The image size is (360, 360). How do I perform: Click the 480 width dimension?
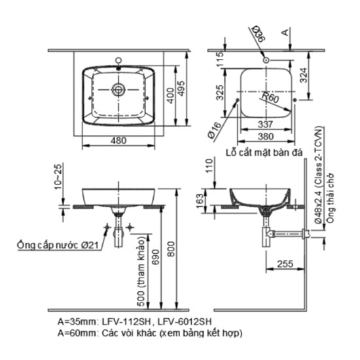point(118,141)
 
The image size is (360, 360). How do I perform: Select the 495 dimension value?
point(181,88)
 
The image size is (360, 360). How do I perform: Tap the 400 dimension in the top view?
point(171,96)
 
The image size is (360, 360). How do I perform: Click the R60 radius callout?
point(270,98)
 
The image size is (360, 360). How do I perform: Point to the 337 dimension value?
point(266,124)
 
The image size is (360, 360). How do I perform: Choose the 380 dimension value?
point(266,137)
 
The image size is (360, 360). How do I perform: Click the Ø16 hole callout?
point(215,130)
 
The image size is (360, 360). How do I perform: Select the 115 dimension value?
point(220,59)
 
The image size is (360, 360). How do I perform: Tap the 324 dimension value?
point(304,75)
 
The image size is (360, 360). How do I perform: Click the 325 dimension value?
point(220,93)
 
